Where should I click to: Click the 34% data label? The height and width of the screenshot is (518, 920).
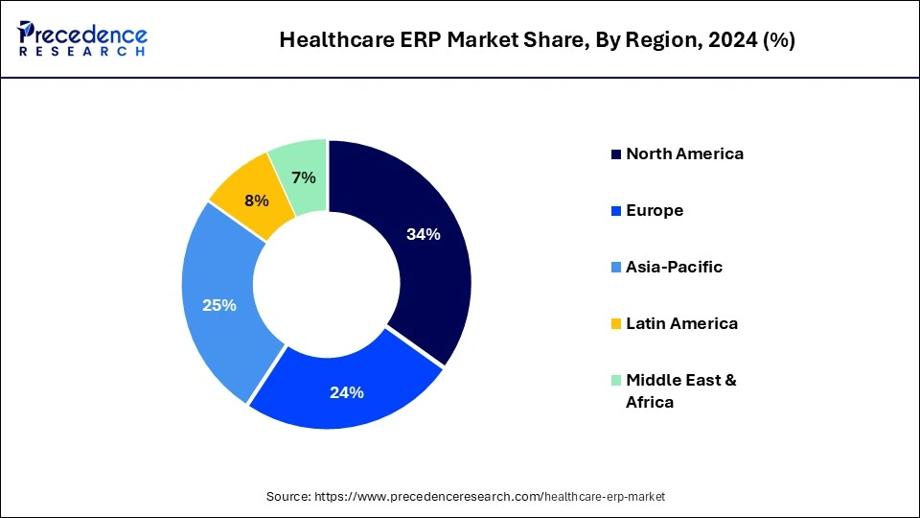423,234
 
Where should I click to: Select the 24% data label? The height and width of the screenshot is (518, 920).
347,391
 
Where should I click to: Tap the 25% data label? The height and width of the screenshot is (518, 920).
218,305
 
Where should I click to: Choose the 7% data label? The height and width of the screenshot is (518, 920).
304,177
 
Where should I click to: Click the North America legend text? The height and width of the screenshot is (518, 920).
684,153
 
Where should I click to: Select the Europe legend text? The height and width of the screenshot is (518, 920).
655,210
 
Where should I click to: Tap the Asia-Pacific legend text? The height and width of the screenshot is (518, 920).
674,267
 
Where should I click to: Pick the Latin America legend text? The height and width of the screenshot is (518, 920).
681,323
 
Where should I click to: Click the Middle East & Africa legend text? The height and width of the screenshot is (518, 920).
680,390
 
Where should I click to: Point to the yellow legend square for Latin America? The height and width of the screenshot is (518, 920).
616,324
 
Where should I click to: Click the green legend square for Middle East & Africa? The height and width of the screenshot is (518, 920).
616,381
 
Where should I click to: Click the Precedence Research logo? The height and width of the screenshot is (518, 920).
82,39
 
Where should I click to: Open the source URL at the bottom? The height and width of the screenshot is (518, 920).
465,496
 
